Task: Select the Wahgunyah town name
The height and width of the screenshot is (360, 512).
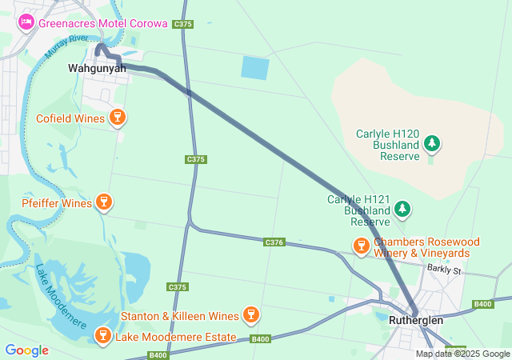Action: click(97, 69)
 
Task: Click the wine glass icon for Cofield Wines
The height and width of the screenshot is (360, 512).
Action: click(118, 118)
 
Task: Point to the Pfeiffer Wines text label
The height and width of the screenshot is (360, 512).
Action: click(57, 203)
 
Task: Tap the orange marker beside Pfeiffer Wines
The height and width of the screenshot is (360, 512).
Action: click(103, 202)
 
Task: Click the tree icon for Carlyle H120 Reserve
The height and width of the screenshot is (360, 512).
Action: click(433, 144)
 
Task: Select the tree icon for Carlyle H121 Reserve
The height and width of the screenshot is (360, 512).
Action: click(402, 210)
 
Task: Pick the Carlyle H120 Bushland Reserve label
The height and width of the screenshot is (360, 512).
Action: click(388, 145)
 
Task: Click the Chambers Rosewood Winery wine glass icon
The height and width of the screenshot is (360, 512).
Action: click(361, 246)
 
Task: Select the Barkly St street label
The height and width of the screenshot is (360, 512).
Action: click(445, 270)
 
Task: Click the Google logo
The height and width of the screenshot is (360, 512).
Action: click(26, 350)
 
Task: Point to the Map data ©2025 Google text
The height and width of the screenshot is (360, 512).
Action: click(462, 354)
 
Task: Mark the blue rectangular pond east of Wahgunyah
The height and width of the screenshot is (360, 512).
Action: click(255, 67)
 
